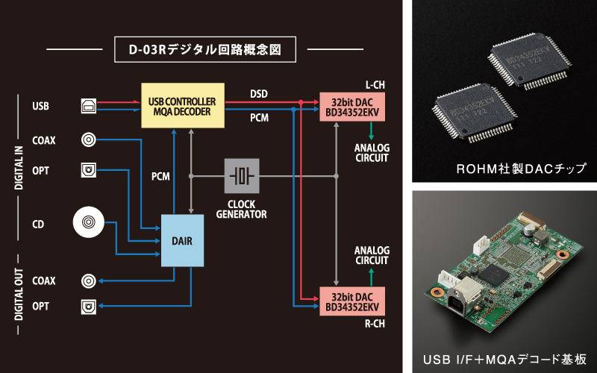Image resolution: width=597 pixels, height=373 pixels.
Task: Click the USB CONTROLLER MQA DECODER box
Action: pos(183,106)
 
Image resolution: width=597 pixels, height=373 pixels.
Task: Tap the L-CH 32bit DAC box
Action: pos(351,106)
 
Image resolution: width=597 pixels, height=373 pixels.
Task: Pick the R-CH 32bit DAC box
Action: pos(351,302)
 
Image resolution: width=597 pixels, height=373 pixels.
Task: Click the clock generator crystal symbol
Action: pos(242,176)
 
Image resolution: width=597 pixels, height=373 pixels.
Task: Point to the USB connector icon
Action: pos(88,106)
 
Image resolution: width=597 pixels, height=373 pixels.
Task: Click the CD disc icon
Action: pos(89,222)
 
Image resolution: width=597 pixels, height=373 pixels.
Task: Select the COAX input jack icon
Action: pos(89,140)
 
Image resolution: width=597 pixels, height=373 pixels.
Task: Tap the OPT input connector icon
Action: pos(89,170)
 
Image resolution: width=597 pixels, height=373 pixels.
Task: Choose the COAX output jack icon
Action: pos(89,280)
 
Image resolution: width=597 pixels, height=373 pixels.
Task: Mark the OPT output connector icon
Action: pos(89,307)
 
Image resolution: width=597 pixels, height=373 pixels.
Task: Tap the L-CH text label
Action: pos(376,84)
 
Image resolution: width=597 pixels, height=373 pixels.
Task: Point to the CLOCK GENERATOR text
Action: pos(242,208)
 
